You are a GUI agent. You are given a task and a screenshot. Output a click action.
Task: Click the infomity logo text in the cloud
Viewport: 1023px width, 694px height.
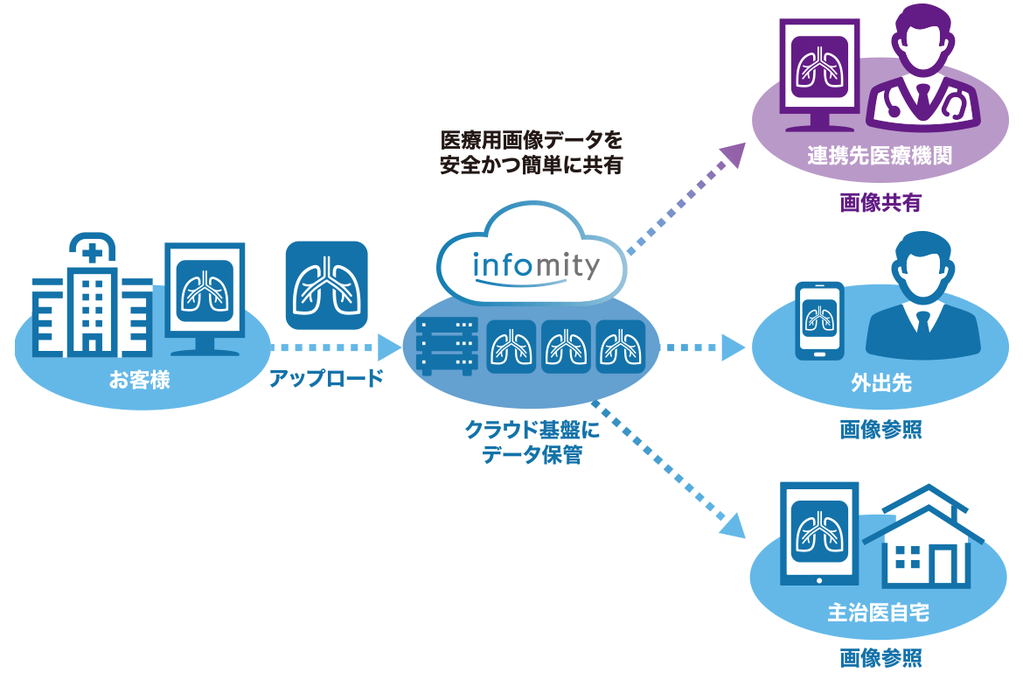[535, 264]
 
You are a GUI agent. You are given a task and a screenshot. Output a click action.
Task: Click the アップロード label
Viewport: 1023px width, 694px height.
[326, 379]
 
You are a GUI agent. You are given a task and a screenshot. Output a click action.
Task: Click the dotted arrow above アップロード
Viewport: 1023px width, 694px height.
[325, 347]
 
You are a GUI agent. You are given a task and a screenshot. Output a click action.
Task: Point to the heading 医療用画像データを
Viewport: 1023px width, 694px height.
[532, 139]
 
